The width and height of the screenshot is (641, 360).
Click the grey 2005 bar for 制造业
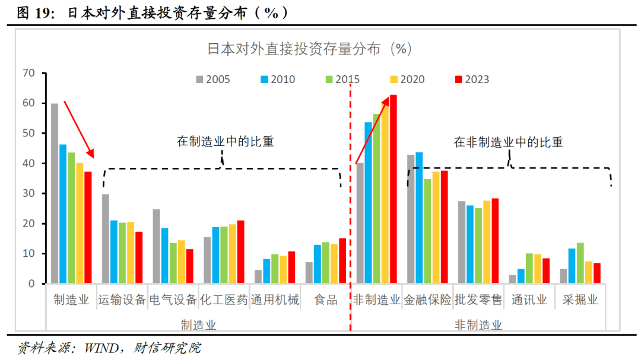tap(55, 193)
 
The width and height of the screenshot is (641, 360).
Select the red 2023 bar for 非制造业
tap(393, 189)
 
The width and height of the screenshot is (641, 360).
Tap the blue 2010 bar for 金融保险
tap(418, 218)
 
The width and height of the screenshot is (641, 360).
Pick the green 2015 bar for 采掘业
tap(580, 263)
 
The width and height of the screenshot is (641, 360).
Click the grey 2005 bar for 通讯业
tap(512, 279)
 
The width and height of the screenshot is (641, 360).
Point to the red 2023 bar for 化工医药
tap(240, 252)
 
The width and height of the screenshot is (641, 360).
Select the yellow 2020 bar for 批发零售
tap(487, 242)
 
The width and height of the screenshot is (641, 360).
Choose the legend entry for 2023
tap(471, 79)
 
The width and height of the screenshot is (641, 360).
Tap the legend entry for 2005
tap(212, 79)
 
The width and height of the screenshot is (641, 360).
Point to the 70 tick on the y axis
tap(28, 73)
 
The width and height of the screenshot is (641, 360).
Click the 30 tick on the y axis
tap(28, 193)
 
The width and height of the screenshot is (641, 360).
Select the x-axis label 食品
tap(326, 300)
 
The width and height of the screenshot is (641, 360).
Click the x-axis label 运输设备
tap(122, 300)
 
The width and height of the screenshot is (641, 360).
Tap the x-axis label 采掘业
tap(580, 300)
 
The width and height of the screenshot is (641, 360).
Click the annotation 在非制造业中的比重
tap(508, 142)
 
